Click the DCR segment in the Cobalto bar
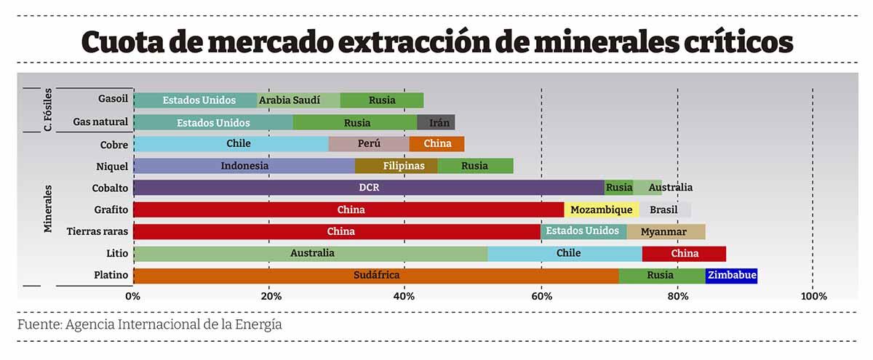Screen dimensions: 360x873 pos(369,188)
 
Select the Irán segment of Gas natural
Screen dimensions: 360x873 pos(436,122)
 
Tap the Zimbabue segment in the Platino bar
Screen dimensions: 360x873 pos(731,276)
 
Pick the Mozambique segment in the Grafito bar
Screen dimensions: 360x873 pos(601,210)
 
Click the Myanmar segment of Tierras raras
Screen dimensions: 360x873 pos(666,232)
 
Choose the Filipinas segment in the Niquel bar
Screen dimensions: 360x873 pos(396,166)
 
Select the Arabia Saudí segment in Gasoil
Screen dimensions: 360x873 pos(298,100)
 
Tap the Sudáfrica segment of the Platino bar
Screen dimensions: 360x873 pos(376,276)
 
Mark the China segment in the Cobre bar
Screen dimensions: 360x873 pos(436,144)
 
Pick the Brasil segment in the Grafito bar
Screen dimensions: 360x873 pos(663,210)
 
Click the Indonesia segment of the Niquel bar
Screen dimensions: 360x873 pos(244,166)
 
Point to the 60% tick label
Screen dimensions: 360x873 pos(541,297)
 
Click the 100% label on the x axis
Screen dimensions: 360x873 pos(813,297)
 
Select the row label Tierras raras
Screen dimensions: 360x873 pos(97,232)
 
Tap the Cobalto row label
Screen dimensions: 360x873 pos(110,188)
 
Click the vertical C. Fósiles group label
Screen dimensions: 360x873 pos(47,111)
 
